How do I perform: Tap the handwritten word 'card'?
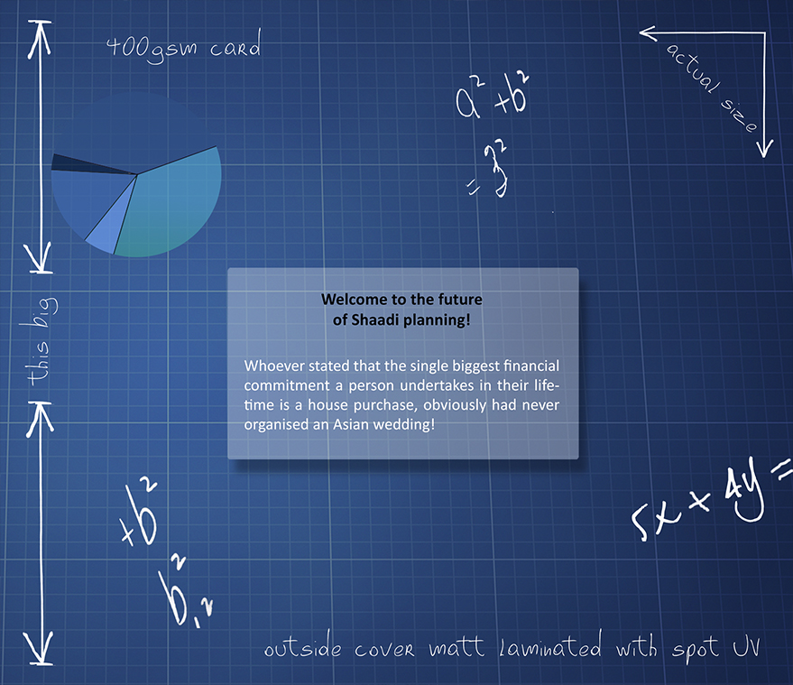[235, 44]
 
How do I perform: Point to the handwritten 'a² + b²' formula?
[492, 97]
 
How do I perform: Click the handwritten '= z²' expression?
[487, 170]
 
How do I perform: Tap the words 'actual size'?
[712, 87]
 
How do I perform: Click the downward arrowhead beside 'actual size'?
[765, 148]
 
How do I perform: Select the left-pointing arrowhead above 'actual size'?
[649, 33]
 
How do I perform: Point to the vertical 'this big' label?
[41, 341]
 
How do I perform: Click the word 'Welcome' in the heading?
[351, 299]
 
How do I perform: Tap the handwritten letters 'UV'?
[746, 645]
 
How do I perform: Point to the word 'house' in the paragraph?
[327, 404]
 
